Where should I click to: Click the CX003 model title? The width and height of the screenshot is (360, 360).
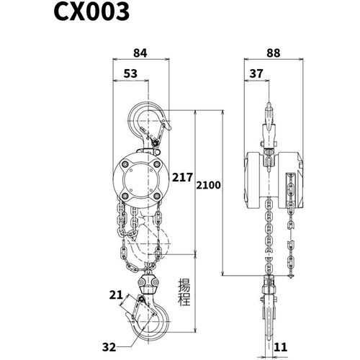(x=91, y=12)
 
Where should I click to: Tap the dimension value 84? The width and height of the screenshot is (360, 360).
(x=140, y=53)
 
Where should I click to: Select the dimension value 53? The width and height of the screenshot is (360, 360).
(x=130, y=73)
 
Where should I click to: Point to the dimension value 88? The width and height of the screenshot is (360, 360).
(x=274, y=53)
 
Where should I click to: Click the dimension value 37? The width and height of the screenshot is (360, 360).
(x=256, y=73)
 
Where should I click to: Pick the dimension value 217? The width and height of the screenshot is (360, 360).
(x=182, y=178)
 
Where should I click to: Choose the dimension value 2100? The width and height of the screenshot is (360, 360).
(x=208, y=185)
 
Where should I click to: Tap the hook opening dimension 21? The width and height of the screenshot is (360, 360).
(x=116, y=295)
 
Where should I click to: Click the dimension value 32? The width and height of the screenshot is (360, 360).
(x=109, y=347)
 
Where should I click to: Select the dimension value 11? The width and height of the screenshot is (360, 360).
(x=280, y=347)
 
